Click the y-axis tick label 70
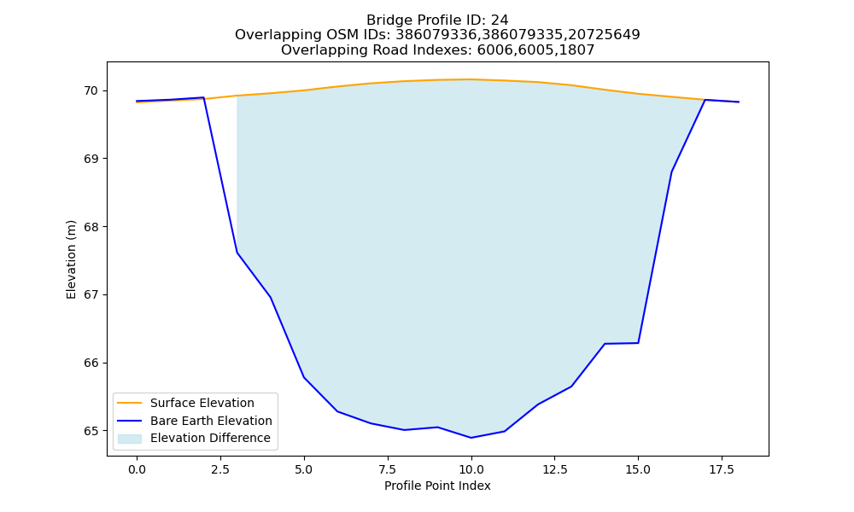(x=91, y=90)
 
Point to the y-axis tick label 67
(x=91, y=295)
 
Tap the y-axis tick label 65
(x=91, y=431)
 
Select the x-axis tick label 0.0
(x=137, y=469)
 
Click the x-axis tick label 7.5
(x=388, y=469)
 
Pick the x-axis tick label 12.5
(x=555, y=469)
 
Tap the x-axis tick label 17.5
(x=722, y=469)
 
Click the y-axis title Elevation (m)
(x=72, y=259)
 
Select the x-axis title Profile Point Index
(x=437, y=486)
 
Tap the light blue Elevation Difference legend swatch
(x=130, y=439)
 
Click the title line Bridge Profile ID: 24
(x=437, y=20)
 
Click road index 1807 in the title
(x=576, y=50)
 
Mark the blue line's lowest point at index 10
(x=471, y=438)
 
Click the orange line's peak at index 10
(x=471, y=79)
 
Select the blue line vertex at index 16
(x=671, y=172)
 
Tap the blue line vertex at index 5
(x=304, y=377)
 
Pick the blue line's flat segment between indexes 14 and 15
(x=622, y=343)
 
